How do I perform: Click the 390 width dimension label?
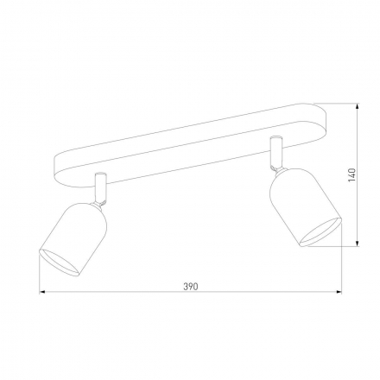(191, 287)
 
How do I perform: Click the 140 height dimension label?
(352, 174)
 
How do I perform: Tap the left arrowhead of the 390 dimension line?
(42, 292)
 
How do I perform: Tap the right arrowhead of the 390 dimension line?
(339, 292)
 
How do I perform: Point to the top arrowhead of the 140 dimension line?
(358, 106)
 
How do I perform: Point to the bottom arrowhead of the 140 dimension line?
(358, 244)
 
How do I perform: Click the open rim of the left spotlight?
(59, 263)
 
